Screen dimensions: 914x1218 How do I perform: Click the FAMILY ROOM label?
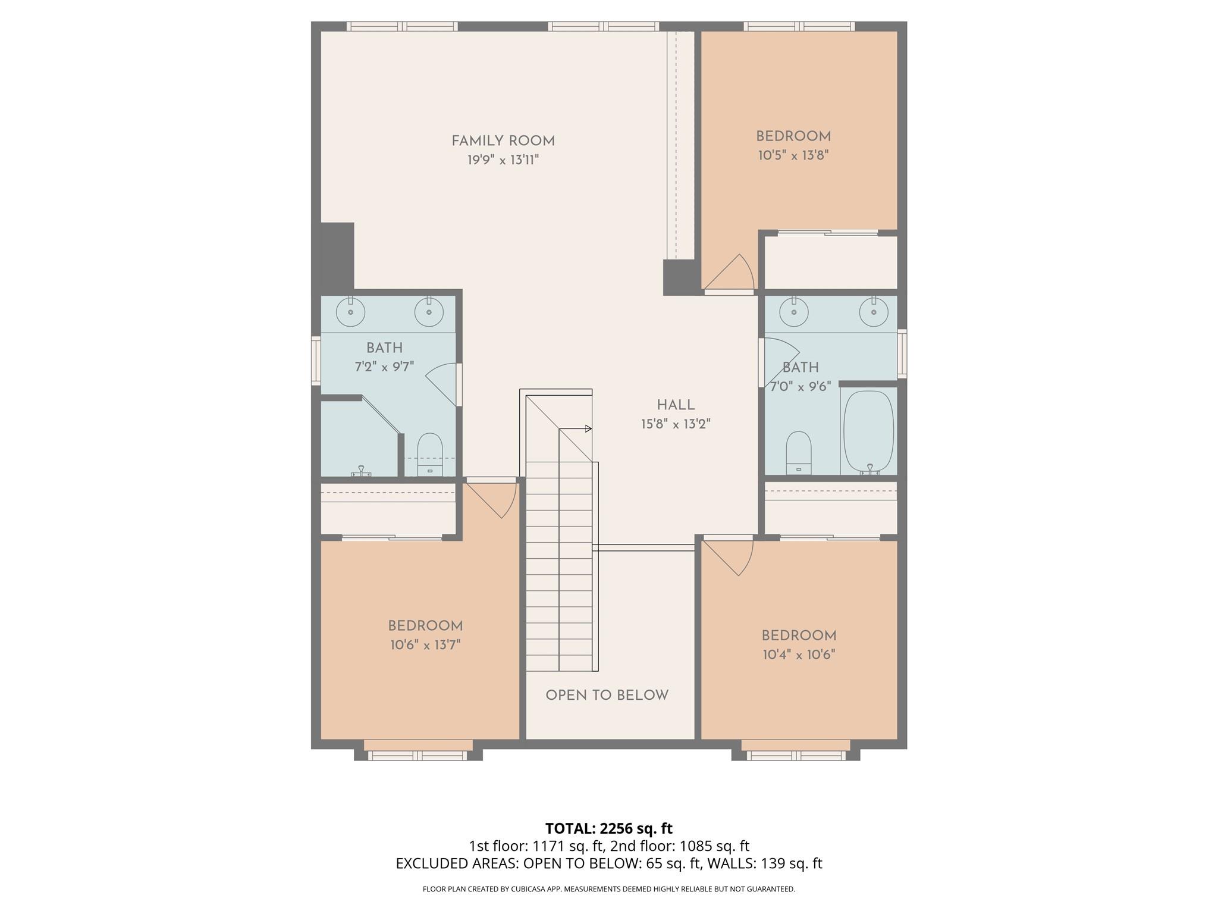click(x=503, y=141)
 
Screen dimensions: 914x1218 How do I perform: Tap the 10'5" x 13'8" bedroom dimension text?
click(x=793, y=155)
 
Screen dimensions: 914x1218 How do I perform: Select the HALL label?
click(x=676, y=405)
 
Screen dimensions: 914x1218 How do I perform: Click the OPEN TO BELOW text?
click(x=607, y=695)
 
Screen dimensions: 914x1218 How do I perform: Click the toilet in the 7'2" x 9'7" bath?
click(x=430, y=453)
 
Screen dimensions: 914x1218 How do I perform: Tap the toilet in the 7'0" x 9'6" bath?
click(x=799, y=452)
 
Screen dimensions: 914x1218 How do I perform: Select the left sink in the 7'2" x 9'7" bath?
click(x=350, y=312)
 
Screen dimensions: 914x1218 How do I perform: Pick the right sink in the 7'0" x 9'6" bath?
click(x=873, y=312)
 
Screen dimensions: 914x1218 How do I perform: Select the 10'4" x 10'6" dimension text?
click(x=799, y=655)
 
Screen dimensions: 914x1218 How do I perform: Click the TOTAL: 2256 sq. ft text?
click(x=608, y=828)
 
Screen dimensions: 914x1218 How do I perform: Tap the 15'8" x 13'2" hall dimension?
click(x=676, y=424)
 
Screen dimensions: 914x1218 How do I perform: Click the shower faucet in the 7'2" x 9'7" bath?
click(x=361, y=472)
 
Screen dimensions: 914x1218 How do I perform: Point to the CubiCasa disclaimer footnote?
click(x=608, y=889)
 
